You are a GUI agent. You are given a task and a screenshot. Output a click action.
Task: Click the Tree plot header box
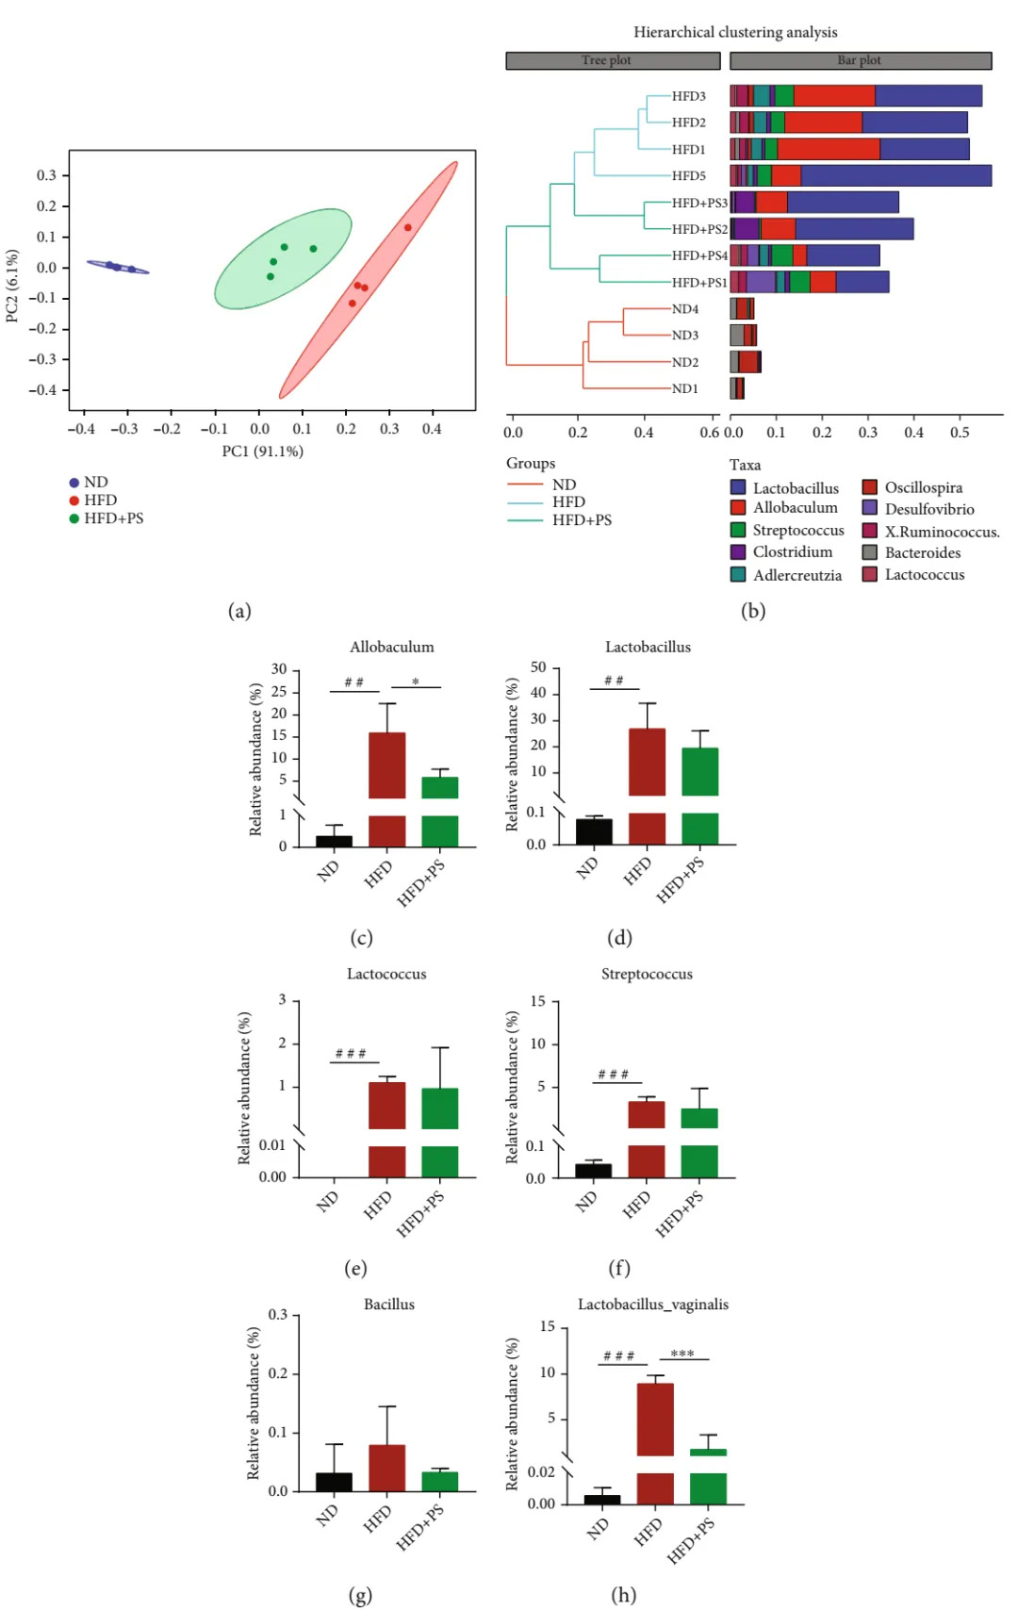click(613, 60)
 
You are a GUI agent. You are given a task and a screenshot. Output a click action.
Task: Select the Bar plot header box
click(860, 60)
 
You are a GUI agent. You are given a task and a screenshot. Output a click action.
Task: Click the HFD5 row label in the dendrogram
click(688, 175)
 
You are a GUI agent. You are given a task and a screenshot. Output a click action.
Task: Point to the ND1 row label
click(684, 388)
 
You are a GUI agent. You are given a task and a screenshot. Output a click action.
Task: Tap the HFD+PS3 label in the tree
click(699, 203)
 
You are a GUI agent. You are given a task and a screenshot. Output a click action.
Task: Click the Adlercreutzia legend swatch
click(738, 574)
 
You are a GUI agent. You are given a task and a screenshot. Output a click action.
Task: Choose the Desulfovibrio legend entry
click(928, 509)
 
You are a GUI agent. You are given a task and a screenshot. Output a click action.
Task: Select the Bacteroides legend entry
click(922, 552)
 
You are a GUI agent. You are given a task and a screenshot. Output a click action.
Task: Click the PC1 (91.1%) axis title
click(262, 451)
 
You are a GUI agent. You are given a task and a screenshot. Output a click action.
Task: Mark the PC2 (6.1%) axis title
click(12, 286)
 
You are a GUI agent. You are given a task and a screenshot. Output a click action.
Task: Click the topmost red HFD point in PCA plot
click(408, 227)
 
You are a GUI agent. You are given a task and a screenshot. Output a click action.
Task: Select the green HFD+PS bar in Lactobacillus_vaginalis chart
click(708, 1453)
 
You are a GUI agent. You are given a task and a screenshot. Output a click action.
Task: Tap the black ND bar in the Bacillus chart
click(334, 1481)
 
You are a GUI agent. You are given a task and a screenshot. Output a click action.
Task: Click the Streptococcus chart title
click(647, 974)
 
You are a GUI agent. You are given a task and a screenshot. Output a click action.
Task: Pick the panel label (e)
click(355, 1268)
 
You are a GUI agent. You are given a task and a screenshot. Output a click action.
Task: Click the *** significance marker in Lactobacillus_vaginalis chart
click(682, 1354)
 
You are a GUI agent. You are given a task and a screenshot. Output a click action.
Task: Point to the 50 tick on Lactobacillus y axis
click(538, 667)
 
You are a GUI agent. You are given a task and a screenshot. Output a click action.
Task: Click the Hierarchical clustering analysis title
click(735, 32)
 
